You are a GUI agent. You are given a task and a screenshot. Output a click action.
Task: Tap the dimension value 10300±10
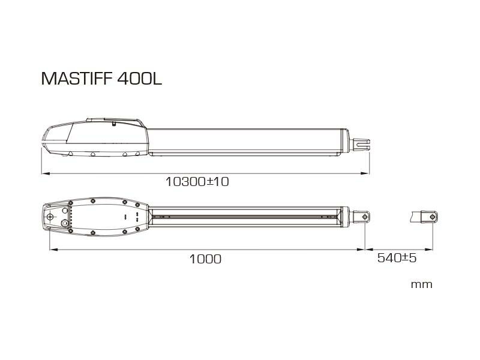click(x=197, y=181)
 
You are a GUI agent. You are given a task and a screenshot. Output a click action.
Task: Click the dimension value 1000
click(x=205, y=259)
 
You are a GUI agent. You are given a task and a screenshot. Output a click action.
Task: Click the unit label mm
click(x=421, y=284)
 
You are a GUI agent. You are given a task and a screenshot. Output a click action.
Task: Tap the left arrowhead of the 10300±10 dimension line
click(x=44, y=174)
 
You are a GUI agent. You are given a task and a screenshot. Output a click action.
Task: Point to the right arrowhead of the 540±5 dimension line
click(x=431, y=250)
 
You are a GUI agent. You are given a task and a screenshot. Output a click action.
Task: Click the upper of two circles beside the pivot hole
click(x=64, y=211)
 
